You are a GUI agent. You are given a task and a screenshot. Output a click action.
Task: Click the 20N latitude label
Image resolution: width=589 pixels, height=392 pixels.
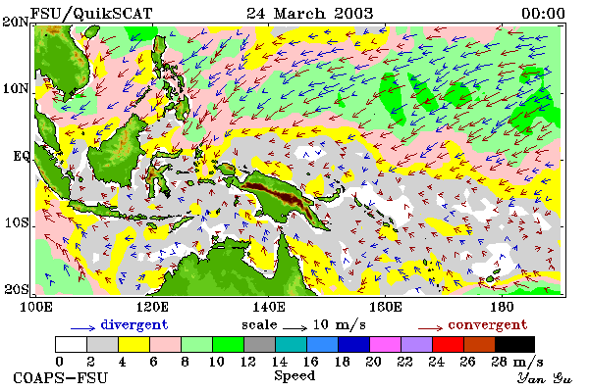click(x=16, y=21)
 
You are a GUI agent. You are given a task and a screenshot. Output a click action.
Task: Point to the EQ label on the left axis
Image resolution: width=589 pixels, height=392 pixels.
click(x=22, y=155)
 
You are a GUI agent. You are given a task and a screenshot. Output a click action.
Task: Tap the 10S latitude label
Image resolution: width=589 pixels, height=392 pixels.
click(x=17, y=222)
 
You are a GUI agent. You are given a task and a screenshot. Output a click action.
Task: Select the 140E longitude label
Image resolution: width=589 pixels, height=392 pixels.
click(x=269, y=307)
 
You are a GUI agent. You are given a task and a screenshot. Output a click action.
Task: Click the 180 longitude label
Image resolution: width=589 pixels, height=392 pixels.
click(x=502, y=307)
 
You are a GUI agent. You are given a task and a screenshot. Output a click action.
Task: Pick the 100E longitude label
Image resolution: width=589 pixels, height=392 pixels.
click(x=36, y=307)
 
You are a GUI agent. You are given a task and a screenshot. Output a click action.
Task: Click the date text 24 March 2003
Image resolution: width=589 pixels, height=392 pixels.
click(x=310, y=14)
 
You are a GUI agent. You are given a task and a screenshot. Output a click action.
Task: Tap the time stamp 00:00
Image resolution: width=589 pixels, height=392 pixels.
click(x=543, y=14)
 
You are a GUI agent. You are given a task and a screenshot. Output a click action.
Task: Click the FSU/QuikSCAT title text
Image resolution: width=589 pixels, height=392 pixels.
click(x=91, y=14)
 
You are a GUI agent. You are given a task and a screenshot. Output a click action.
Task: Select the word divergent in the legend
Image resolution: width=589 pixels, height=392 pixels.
click(x=134, y=324)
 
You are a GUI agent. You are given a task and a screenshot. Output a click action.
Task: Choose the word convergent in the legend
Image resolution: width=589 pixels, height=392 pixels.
click(x=488, y=324)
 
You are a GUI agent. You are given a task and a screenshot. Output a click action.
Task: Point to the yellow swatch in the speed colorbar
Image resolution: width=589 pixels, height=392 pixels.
click(x=134, y=344)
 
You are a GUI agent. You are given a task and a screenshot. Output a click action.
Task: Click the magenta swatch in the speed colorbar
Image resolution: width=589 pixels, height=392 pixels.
click(x=385, y=344)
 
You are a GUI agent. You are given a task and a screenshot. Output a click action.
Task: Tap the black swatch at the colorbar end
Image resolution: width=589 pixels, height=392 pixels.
click(x=514, y=344)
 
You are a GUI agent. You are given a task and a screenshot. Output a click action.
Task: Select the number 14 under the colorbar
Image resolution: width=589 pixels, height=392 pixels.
click(x=279, y=362)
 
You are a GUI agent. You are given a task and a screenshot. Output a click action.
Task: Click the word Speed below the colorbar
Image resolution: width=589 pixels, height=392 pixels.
click(x=294, y=375)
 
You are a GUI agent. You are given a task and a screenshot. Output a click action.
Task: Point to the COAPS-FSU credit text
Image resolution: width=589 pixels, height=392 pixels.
click(x=60, y=377)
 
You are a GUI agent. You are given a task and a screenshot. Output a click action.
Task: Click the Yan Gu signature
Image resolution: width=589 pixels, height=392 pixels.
click(x=544, y=378)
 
